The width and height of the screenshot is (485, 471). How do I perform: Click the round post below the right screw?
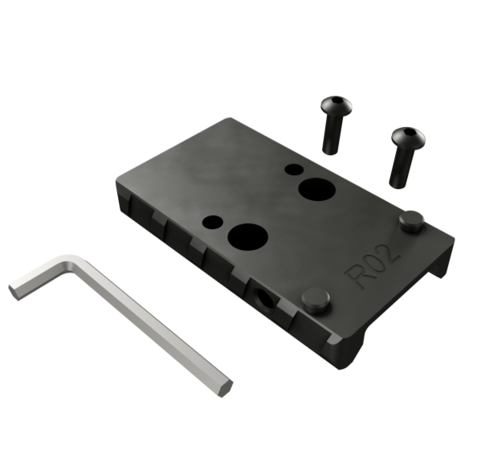tap(411, 219)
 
